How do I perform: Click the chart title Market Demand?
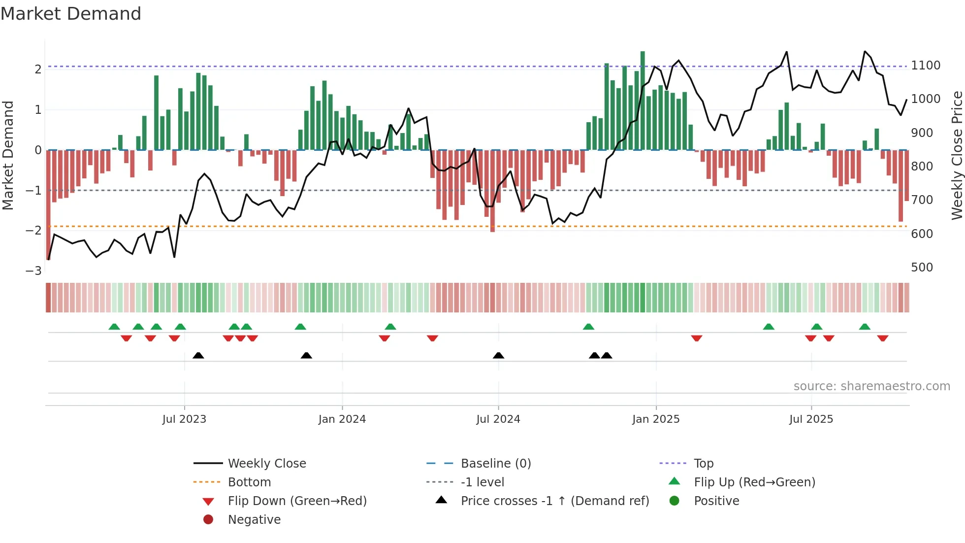point(71,14)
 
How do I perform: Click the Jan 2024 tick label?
point(342,419)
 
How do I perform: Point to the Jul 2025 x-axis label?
point(811,419)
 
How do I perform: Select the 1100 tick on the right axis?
point(925,66)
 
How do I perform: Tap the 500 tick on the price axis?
point(922,268)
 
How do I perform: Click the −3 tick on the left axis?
point(34,271)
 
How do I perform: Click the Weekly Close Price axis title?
point(957,155)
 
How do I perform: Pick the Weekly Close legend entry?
point(266,464)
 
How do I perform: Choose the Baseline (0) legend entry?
point(495,464)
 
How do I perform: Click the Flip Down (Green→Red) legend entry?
point(297,501)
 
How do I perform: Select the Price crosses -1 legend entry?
point(554,501)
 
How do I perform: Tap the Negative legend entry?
point(254,520)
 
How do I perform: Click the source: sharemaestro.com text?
point(871,386)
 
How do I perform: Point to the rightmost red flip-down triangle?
point(882,338)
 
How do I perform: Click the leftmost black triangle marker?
point(198,355)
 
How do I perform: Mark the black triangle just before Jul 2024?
point(498,355)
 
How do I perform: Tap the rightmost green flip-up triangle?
point(865,327)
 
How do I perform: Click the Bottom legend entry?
point(249,482)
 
